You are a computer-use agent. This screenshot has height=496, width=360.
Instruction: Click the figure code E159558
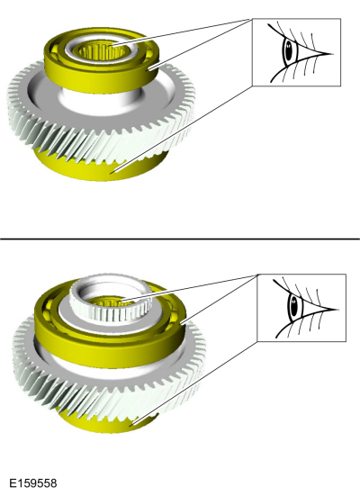point(33,483)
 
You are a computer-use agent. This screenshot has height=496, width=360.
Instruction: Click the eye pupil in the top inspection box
point(288,50)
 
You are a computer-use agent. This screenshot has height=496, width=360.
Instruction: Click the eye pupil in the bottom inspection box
point(293,307)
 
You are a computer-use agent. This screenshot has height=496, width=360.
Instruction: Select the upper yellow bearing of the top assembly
point(101,60)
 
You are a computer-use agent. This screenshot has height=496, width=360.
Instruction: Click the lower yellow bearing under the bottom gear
point(108,420)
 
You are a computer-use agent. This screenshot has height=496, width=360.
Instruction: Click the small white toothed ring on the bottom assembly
point(111,303)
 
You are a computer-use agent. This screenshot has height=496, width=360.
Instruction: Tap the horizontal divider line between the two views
point(180,239)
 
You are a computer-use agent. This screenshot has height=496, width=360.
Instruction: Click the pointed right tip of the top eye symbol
point(333,54)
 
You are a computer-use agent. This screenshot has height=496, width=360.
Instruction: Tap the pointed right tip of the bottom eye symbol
point(338,310)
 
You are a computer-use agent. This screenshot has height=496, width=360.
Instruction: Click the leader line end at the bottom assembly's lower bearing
point(131,426)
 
